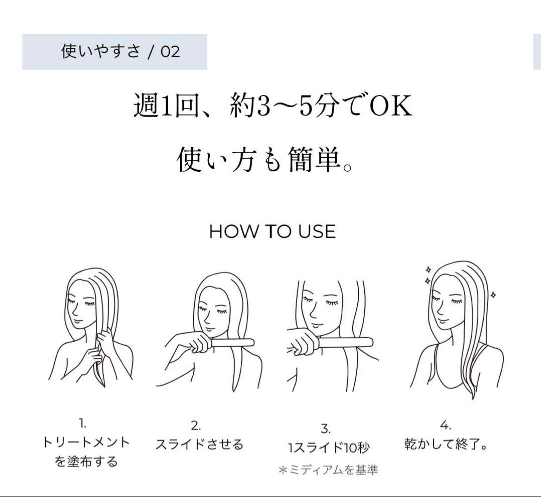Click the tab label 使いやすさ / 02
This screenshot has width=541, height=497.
[120, 51]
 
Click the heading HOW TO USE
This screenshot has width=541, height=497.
[272, 232]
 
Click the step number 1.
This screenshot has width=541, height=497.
[83, 424]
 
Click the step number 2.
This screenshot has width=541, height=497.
[196, 426]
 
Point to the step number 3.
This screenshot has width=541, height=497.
[325, 429]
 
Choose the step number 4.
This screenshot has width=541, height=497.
[445, 426]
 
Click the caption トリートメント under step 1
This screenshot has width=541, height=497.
[86, 442]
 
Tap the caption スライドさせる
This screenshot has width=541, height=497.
[199, 444]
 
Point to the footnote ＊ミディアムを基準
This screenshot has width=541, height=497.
[328, 470]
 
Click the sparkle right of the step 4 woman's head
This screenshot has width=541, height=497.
[493, 295]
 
